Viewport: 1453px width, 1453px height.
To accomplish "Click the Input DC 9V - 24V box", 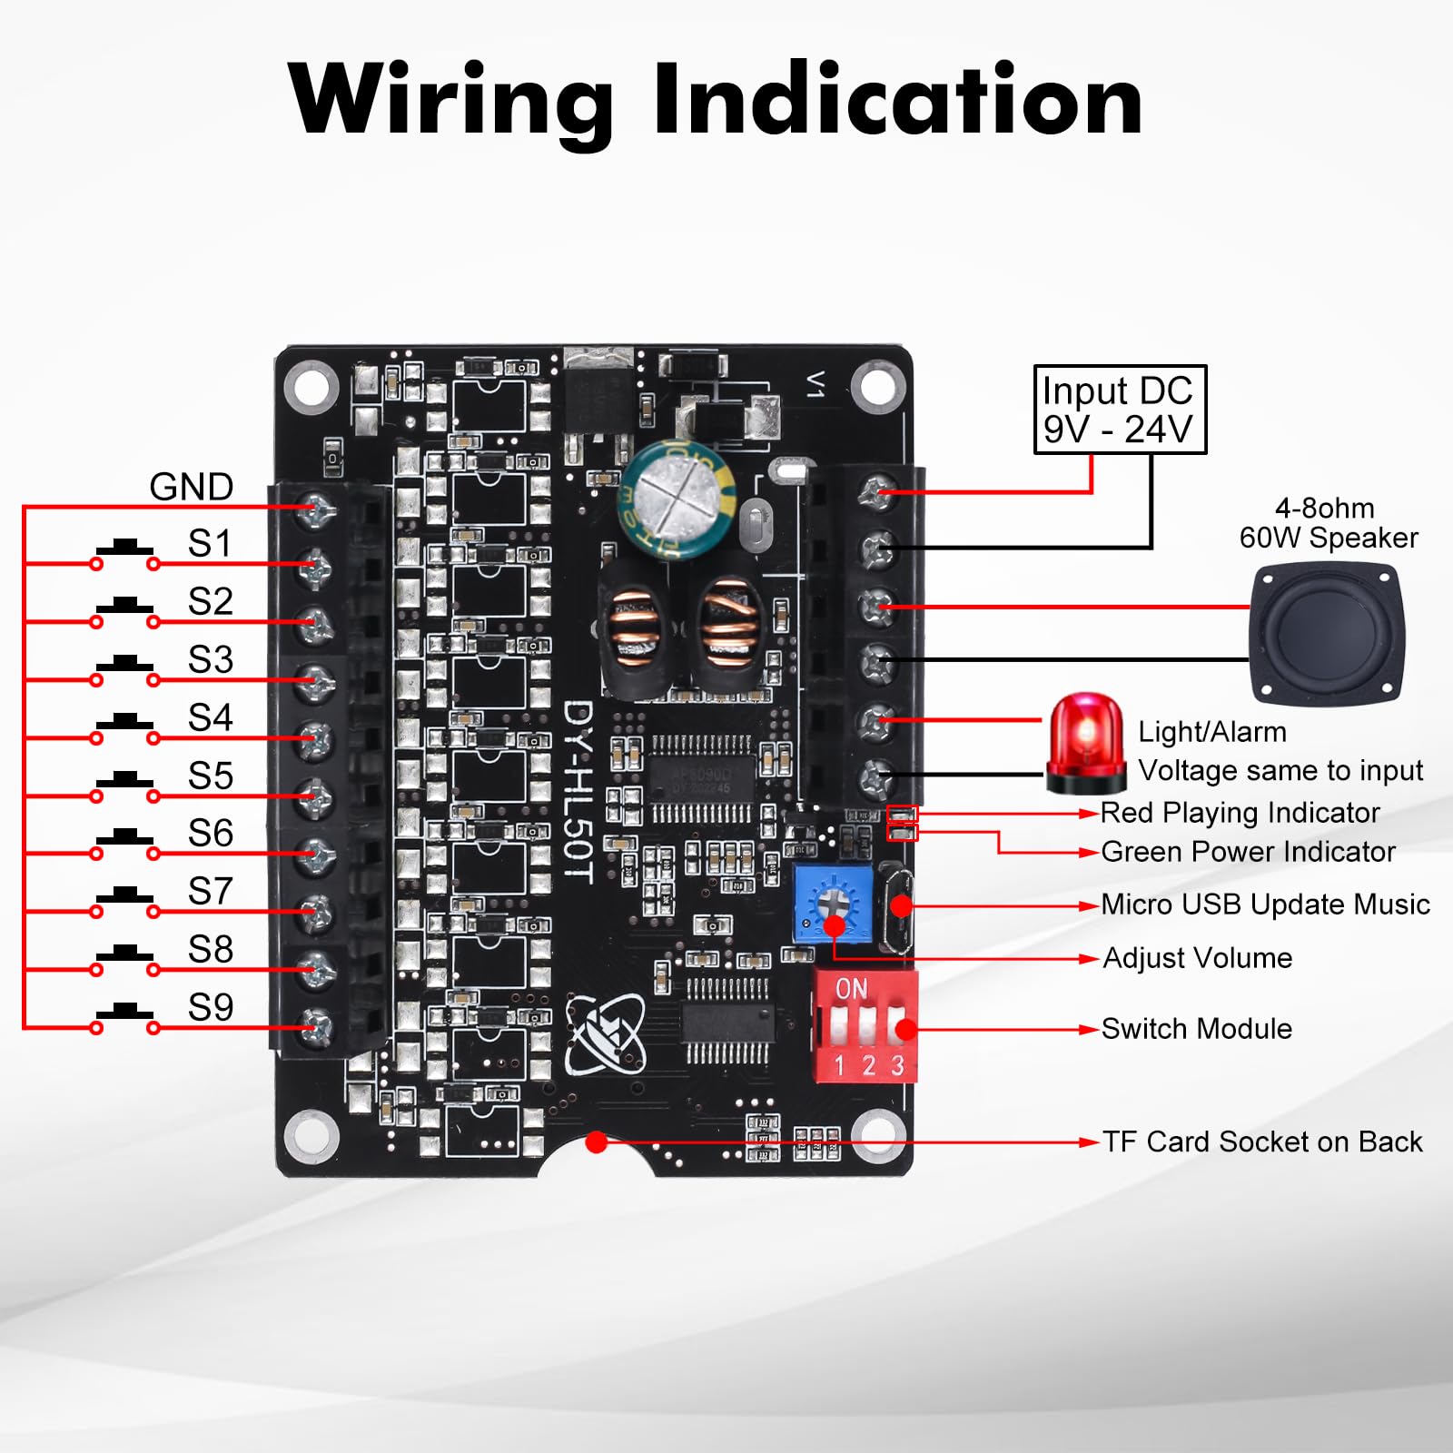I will coord(1120,410).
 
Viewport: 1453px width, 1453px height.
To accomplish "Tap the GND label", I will coord(191,487).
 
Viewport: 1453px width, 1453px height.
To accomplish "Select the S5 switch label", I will coord(210,776).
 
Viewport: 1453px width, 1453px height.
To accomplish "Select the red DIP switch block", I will coord(864,1027).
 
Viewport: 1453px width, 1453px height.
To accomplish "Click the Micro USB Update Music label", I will coord(1265,904).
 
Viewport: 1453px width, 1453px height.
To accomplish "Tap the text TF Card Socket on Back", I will coord(1262,1142).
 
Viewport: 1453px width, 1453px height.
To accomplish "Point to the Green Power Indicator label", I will coord(1248,852).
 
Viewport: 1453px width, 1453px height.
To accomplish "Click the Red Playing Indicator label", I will coord(1240,813).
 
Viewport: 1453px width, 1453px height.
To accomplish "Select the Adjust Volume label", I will coord(1197,958).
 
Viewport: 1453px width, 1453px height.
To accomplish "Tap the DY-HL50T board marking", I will coord(578,791).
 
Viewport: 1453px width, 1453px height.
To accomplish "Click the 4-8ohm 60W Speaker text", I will coord(1328,523).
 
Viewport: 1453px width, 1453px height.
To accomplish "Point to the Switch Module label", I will coord(1196,1029).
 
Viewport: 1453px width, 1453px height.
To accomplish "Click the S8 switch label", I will coord(210,949).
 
